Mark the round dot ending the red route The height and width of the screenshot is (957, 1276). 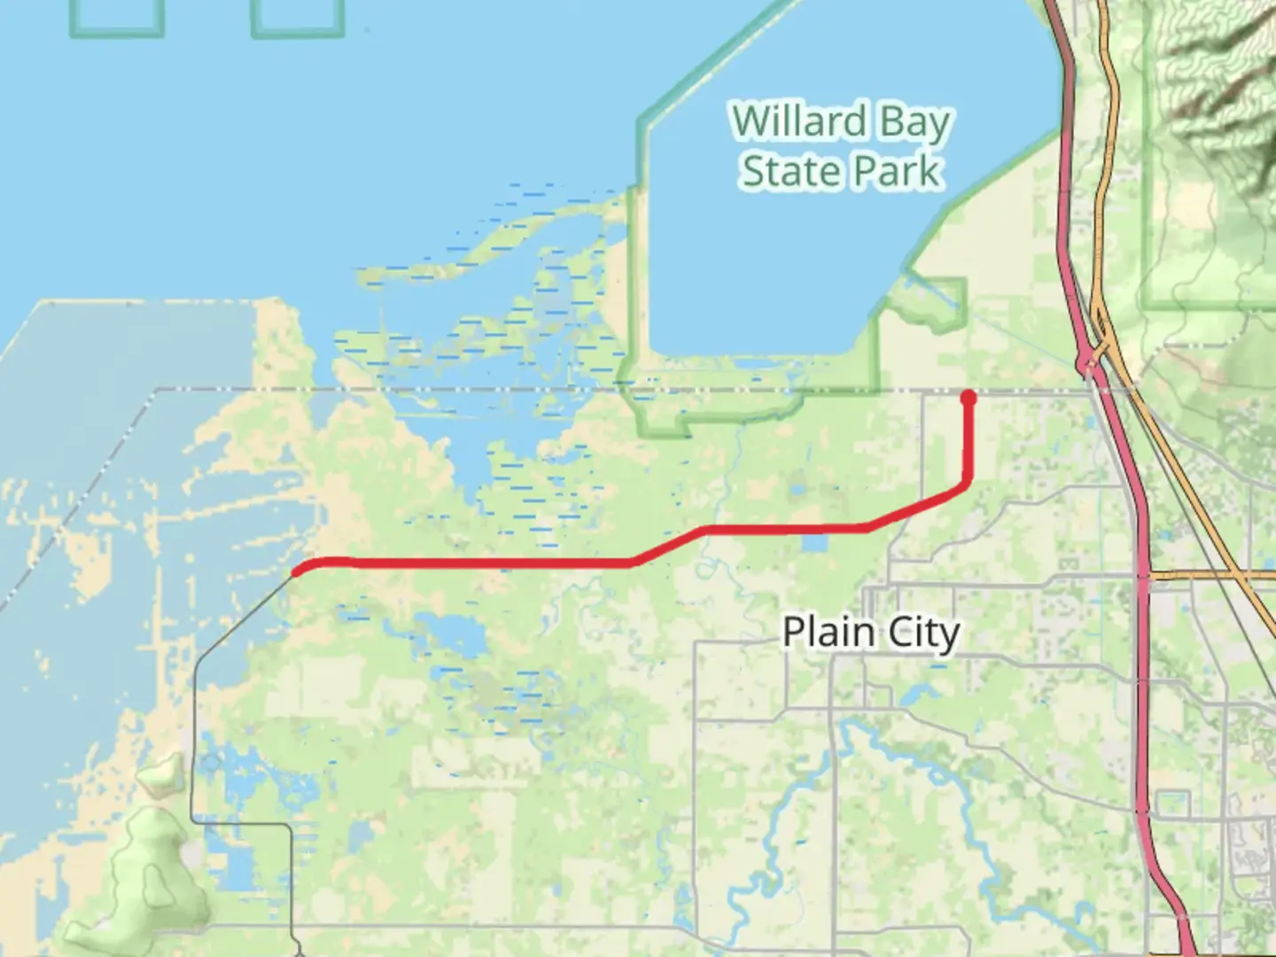(969, 397)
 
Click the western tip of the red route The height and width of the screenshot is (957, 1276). (296, 572)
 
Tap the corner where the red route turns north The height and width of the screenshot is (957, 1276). (967, 484)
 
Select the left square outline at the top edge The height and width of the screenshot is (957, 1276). (117, 18)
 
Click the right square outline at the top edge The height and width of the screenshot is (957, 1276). (298, 18)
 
